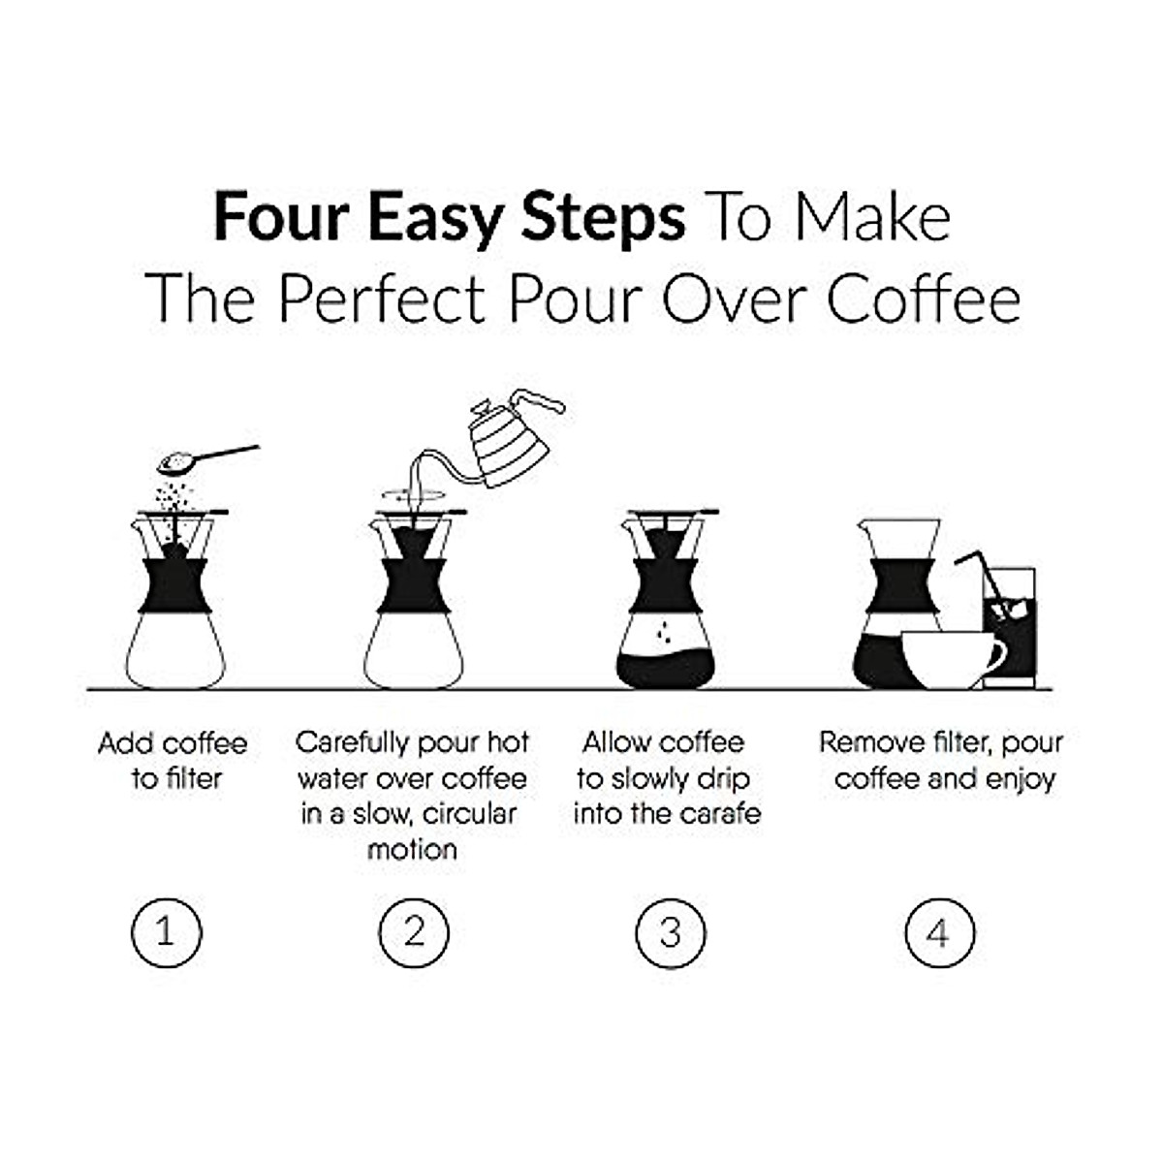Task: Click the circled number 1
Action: (166, 932)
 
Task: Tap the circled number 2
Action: (414, 932)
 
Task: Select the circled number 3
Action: (671, 932)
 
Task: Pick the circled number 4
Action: (938, 932)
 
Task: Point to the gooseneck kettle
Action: (509, 446)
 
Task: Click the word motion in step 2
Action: (412, 850)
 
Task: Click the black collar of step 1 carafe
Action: (175, 585)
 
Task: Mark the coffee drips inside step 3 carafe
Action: (665, 633)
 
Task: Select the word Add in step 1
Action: (125, 743)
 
